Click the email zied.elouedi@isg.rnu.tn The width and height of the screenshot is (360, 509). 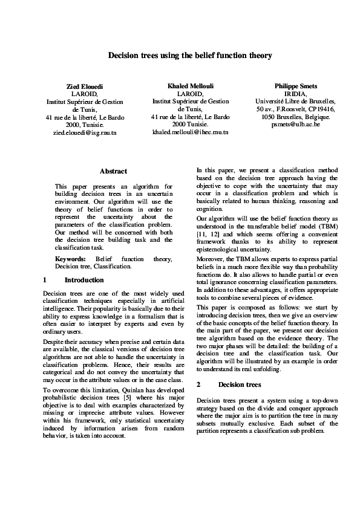[82, 131]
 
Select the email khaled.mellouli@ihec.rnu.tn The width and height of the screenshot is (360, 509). [191, 131]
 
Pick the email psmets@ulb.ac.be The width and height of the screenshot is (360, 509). [296, 123]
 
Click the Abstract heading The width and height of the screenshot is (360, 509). [113, 171]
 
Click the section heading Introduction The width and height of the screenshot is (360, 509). [84, 280]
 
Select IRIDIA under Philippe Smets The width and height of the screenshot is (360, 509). [296, 94]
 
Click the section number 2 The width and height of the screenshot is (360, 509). [198, 384]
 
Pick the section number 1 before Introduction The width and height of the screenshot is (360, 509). [45, 280]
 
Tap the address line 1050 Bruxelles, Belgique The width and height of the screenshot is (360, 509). [296, 116]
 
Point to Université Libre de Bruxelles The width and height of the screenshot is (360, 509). [296, 102]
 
